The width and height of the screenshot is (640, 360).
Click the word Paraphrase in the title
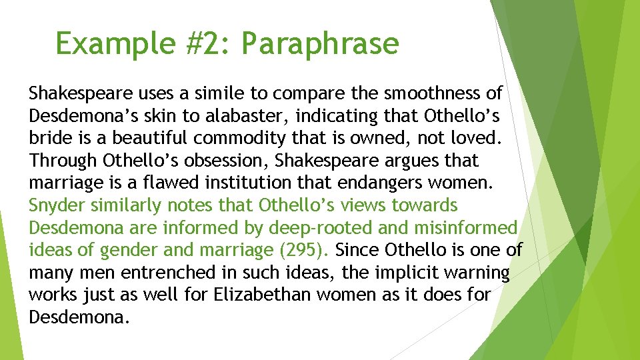click(x=320, y=44)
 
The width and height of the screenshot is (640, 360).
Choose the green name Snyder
click(x=55, y=205)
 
